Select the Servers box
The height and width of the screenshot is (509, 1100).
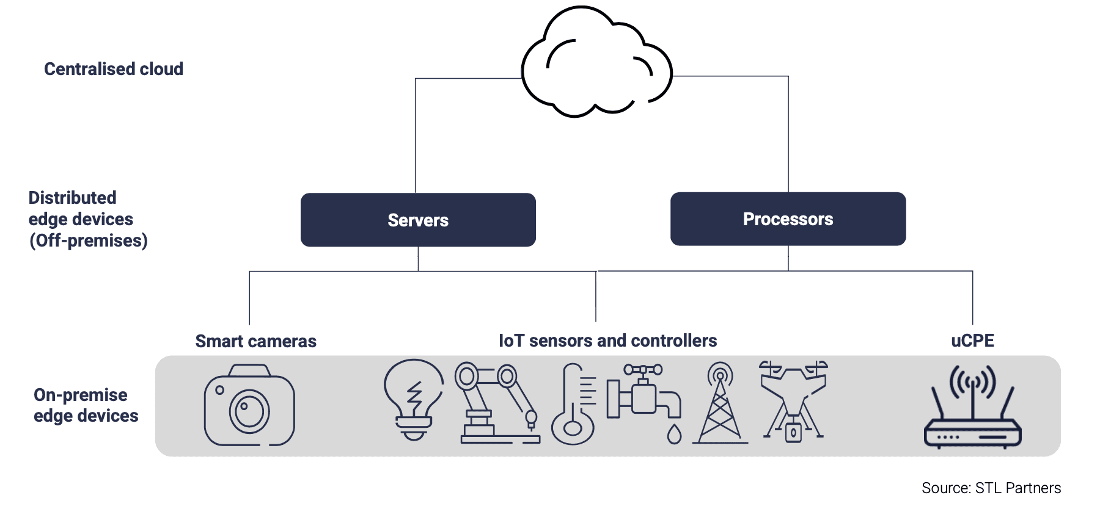418,220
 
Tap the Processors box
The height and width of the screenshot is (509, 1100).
788,219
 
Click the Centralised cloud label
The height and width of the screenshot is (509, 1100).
114,69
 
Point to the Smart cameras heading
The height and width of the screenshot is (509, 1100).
255,341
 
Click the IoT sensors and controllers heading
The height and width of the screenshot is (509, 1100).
607,341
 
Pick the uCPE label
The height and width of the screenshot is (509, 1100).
972,341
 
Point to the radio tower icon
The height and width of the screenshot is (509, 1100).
720,403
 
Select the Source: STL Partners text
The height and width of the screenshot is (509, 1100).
991,488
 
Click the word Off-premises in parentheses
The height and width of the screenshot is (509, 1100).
89,240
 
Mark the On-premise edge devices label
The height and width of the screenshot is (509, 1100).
86,405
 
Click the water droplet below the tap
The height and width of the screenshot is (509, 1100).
674,434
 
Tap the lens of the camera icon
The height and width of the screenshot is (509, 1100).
249,410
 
